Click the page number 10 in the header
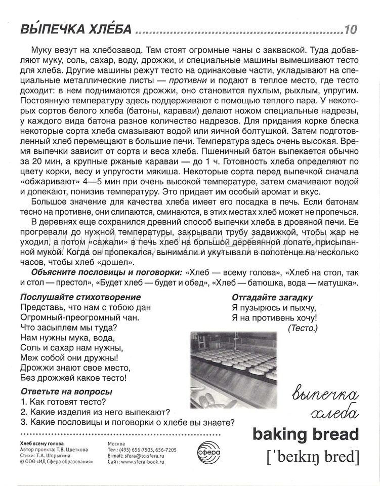(350, 29)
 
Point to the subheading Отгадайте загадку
(272, 297)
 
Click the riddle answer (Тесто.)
(302, 329)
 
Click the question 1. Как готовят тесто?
(64, 402)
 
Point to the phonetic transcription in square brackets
(312, 457)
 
